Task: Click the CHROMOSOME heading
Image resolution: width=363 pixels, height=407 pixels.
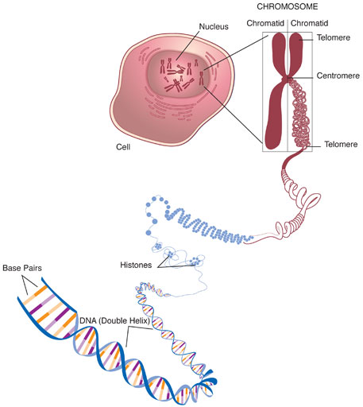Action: pos(287,8)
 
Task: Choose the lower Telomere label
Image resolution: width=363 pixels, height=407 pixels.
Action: pos(341,146)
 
